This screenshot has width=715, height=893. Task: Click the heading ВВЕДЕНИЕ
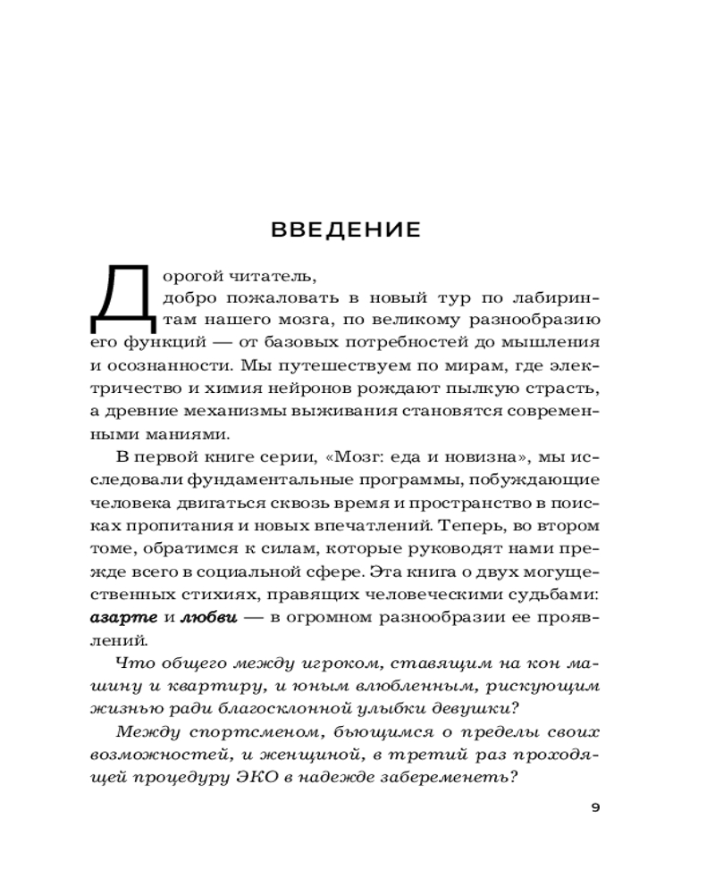[x=345, y=230]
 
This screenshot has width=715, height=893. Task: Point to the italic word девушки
[x=475, y=709]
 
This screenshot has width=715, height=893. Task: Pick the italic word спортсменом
[x=251, y=732]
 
